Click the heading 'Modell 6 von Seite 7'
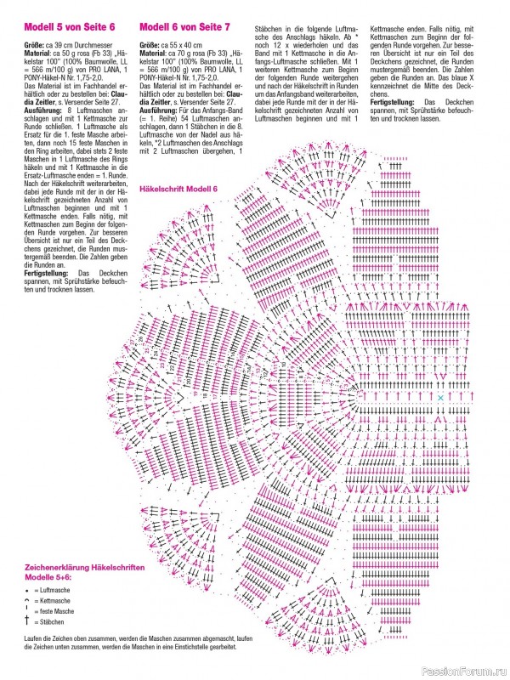[184, 28]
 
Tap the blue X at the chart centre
[440, 397]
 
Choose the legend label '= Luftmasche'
[54, 588]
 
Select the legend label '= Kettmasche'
[54, 600]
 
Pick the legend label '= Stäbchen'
[51, 622]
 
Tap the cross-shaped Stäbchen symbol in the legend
[28, 622]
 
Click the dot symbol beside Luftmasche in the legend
[28, 588]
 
